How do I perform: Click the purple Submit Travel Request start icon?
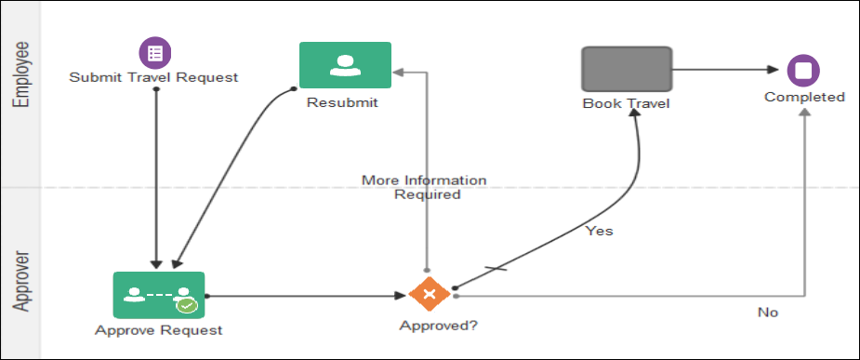155,53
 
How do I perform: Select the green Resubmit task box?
345,65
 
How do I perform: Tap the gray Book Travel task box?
627,69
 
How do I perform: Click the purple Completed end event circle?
803,70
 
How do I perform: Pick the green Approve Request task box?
158,295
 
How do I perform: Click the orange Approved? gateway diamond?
429,295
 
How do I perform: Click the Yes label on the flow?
599,231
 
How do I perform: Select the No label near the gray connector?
767,313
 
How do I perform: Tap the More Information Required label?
424,187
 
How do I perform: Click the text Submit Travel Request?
153,77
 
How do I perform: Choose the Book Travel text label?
626,103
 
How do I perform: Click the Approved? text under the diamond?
429,326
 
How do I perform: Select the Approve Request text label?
159,329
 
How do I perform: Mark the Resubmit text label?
342,102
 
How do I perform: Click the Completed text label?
804,97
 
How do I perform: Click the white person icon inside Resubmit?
345,65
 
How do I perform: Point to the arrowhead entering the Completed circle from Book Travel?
774,70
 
